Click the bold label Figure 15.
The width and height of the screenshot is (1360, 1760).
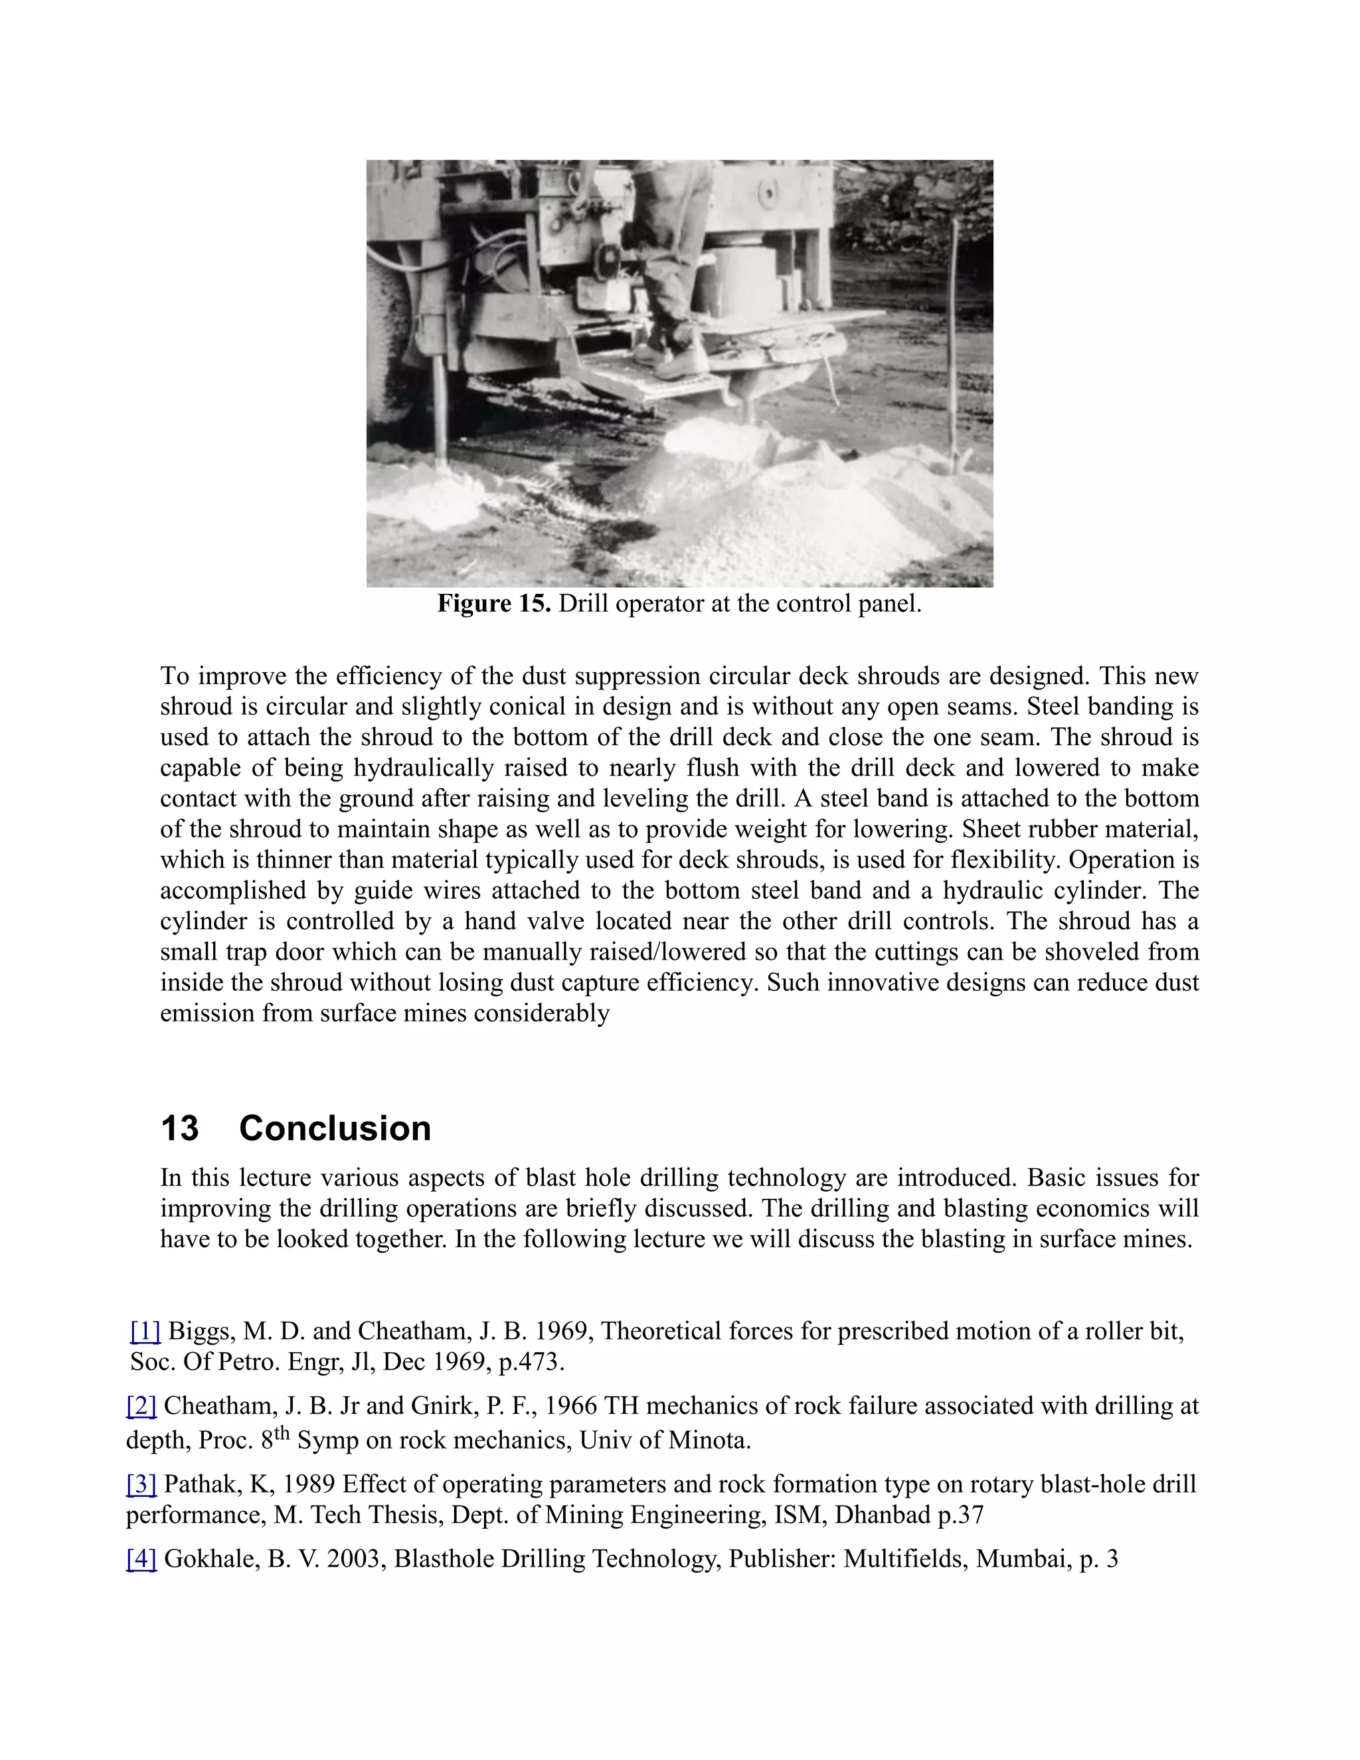493,604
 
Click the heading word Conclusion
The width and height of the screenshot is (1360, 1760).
335,1128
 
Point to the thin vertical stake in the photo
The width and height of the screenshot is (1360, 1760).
953,347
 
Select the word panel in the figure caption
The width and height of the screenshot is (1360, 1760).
892,604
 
